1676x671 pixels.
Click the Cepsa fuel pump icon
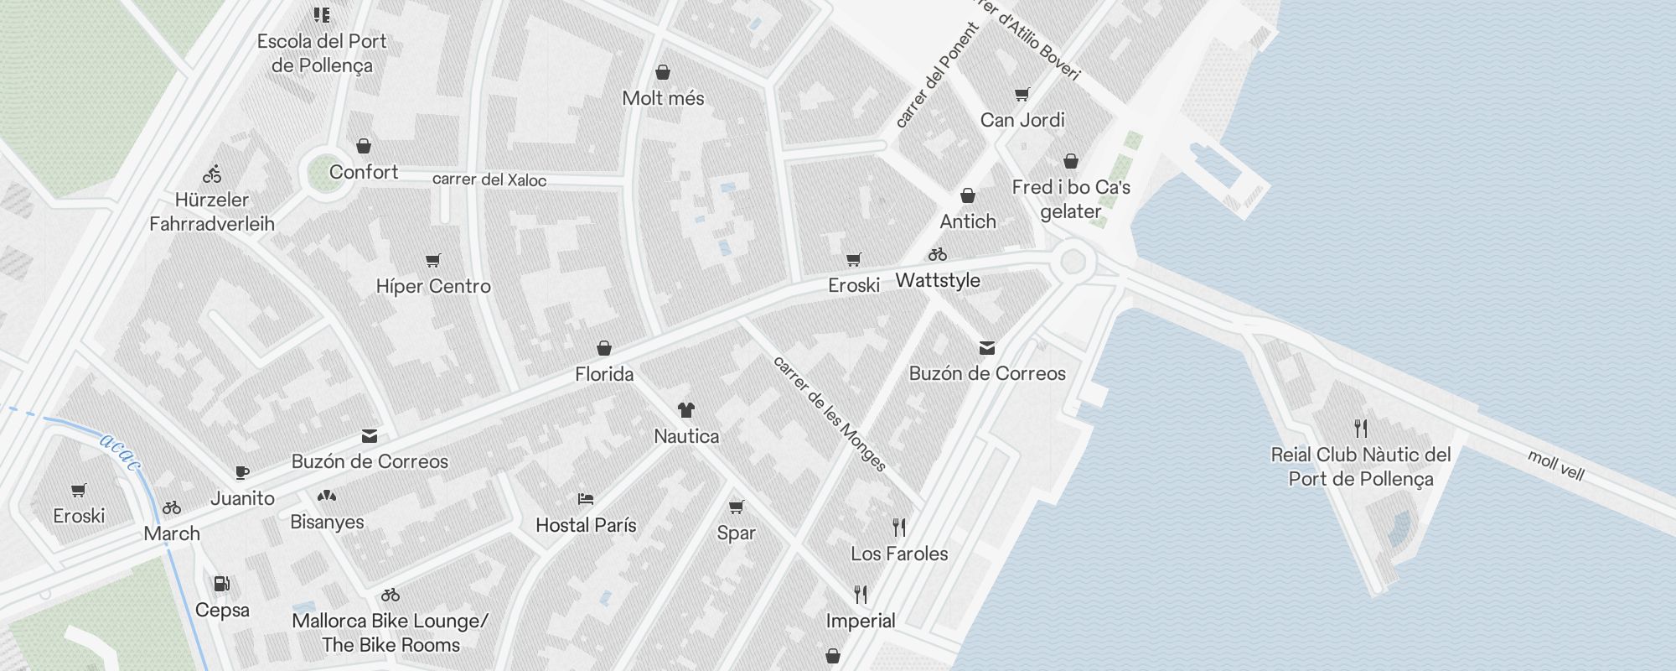221,584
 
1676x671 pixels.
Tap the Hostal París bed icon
586,499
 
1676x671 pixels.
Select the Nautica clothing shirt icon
686,410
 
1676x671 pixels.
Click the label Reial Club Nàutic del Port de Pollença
1360,466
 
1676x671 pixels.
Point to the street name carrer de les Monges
829,414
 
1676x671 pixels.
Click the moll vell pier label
1556,466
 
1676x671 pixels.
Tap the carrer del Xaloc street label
489,179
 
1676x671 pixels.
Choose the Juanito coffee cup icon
242,473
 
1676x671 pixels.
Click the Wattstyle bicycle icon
938,254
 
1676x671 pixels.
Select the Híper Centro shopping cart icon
432,261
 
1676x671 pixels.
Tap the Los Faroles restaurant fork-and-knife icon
899,528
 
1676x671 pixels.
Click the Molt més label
663,98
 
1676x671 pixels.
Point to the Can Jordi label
1022,120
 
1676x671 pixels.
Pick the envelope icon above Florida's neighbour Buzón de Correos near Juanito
370,436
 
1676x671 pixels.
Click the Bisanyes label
327,522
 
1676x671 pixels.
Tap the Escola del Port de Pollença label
322,53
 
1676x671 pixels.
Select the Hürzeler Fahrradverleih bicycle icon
212,174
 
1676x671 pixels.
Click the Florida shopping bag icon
604,348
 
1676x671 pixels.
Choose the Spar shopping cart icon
736,507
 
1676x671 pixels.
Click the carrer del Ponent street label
937,75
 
